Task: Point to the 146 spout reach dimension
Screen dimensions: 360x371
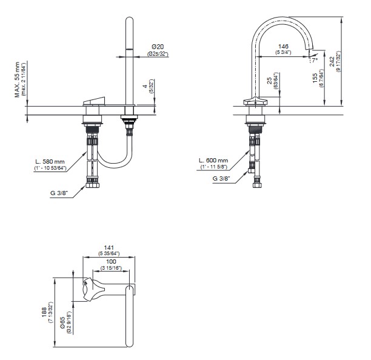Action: [283, 46]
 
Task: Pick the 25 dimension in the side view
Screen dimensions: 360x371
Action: [269, 81]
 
